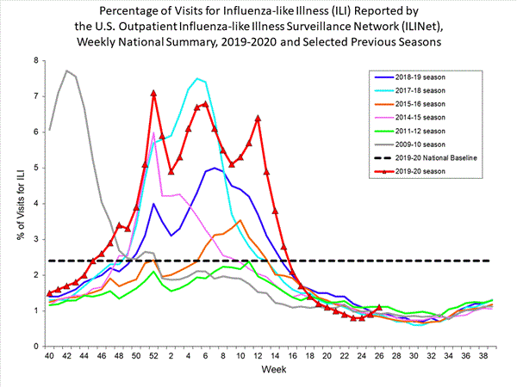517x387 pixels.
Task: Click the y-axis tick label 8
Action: pyautogui.click(x=35, y=60)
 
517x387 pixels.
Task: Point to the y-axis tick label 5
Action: pyautogui.click(x=35, y=168)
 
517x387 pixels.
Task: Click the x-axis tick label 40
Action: pyautogui.click(x=49, y=355)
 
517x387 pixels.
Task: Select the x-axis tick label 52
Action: pyautogui.click(x=153, y=355)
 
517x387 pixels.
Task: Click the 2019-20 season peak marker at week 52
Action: pyautogui.click(x=153, y=93)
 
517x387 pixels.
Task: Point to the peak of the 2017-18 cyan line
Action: pyautogui.click(x=197, y=78)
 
